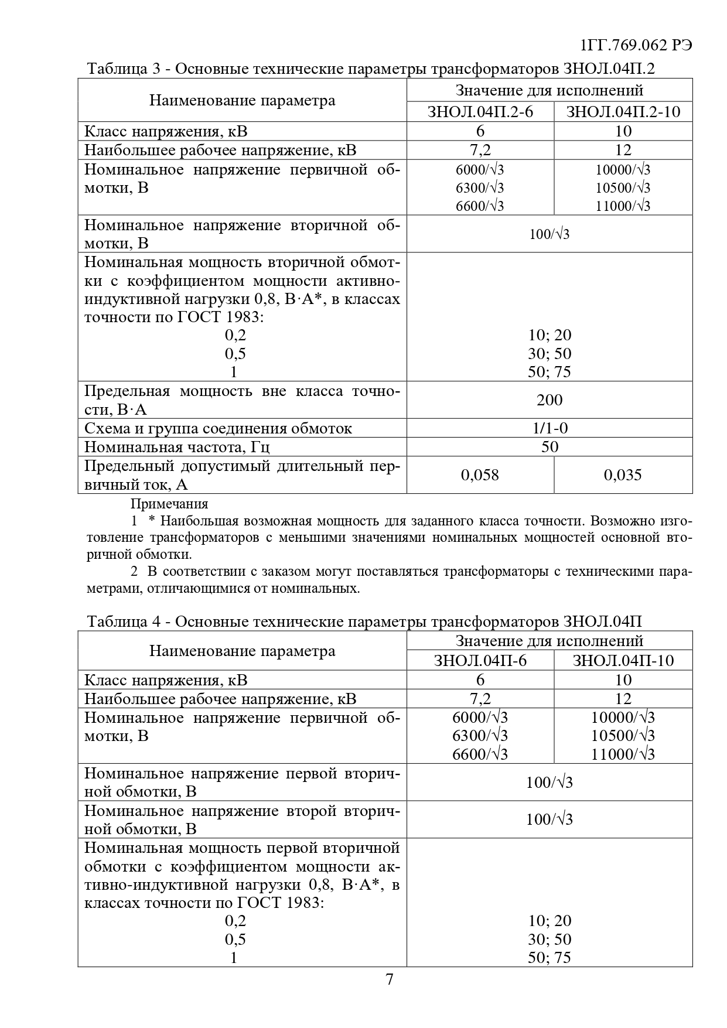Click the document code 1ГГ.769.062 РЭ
[636, 46]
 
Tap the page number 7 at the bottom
[390, 979]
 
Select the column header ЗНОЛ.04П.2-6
[480, 111]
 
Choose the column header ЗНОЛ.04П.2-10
[623, 111]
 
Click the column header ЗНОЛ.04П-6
[480, 660]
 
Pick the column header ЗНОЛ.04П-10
[623, 660]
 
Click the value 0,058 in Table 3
[480, 474]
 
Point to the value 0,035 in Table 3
[623, 474]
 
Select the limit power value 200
[549, 399]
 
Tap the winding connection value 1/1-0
[549, 428]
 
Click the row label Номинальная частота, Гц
[177, 447]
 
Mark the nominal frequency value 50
[549, 447]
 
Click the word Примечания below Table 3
[169, 504]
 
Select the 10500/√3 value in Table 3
[623, 188]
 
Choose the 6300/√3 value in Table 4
[480, 736]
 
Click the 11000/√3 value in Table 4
[623, 754]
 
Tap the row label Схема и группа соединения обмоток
[218, 428]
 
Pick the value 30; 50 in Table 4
[549, 939]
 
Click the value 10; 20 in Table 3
[549, 335]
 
